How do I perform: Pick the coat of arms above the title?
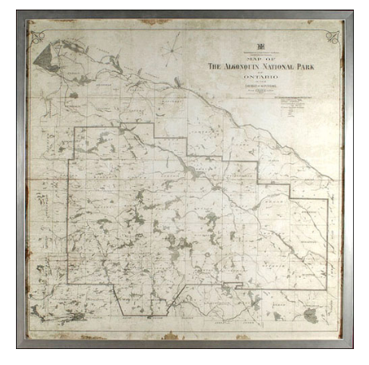[x=260, y=44]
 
